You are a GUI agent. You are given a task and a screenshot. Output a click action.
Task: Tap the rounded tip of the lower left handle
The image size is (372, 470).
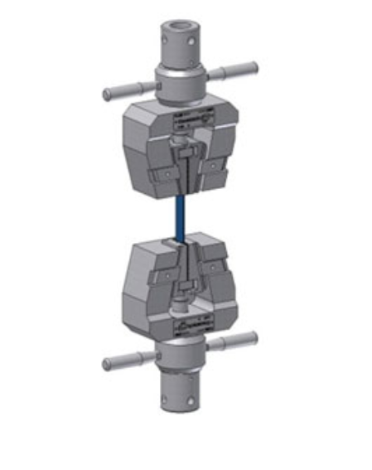tap(107, 365)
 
